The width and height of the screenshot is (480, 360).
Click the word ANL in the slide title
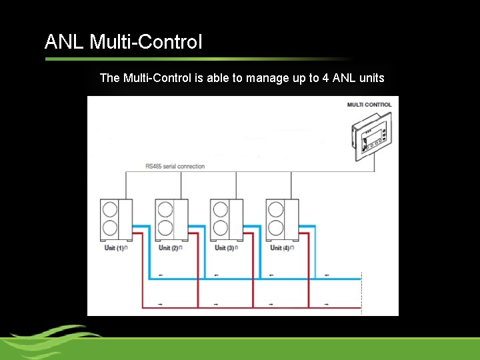click(x=64, y=43)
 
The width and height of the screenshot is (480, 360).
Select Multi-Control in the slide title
click(x=145, y=43)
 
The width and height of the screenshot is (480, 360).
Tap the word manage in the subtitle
click(x=267, y=78)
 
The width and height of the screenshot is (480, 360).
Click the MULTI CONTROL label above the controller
click(x=369, y=105)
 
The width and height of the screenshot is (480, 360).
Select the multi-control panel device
click(x=373, y=137)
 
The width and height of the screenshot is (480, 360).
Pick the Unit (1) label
click(x=114, y=248)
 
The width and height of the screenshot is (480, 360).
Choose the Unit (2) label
click(x=169, y=248)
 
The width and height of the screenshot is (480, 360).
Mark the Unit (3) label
click(x=225, y=248)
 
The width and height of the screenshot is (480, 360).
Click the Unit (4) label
click(x=280, y=248)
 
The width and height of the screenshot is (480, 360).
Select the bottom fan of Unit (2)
click(x=164, y=228)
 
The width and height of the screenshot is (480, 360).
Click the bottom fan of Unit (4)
click(x=275, y=228)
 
